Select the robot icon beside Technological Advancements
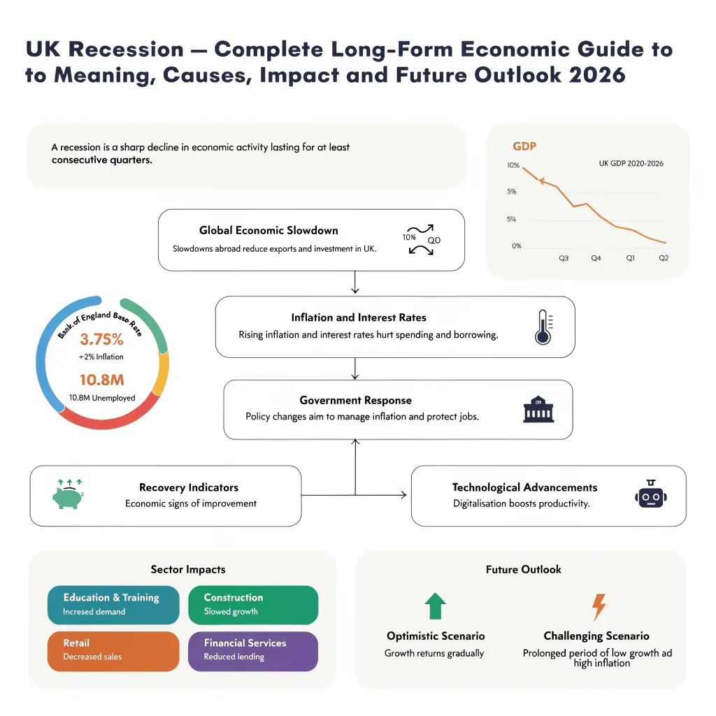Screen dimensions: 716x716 [650, 495]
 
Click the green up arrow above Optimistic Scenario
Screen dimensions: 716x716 [435, 606]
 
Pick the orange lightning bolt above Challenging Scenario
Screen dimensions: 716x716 [599, 606]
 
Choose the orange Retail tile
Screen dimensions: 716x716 [113, 650]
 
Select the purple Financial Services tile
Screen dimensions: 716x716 [253, 650]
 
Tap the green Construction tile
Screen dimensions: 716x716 [253, 604]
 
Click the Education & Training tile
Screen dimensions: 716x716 [113, 604]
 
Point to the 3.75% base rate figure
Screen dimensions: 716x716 [101, 340]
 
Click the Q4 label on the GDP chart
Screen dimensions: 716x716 [596, 259]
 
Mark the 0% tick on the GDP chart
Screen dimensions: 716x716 [516, 246]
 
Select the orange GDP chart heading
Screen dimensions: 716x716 [524, 147]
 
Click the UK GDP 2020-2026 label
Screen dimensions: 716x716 [631, 164]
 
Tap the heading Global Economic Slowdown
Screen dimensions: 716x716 [268, 230]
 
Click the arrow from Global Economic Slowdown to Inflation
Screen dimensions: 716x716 [356, 282]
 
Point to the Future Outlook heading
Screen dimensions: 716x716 [523, 569]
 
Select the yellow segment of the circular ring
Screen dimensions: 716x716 [163, 374]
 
